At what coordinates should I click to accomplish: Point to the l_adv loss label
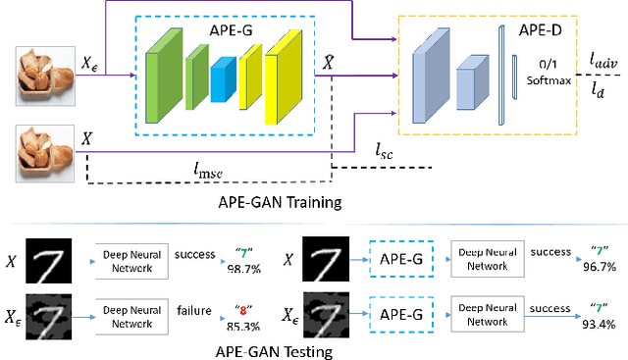602,61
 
